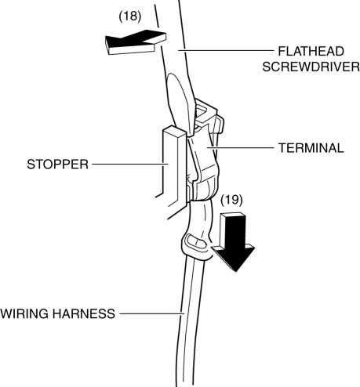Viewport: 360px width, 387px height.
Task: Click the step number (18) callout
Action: point(130,16)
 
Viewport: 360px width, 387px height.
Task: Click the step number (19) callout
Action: point(231,200)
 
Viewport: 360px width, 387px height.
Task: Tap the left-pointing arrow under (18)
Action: point(136,42)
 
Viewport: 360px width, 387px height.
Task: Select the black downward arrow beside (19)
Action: point(234,241)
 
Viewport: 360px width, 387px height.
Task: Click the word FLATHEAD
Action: point(311,52)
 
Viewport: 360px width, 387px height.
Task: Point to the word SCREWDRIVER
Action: point(311,67)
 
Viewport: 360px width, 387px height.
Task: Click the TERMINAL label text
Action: point(311,148)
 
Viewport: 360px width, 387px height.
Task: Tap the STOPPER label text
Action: point(58,165)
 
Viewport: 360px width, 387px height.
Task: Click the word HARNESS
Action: point(84,313)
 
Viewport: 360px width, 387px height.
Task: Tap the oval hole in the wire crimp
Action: point(195,241)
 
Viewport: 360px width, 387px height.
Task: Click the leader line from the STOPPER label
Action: point(130,165)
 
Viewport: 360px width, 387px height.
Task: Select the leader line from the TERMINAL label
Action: point(240,148)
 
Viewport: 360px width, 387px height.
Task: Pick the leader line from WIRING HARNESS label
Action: point(152,313)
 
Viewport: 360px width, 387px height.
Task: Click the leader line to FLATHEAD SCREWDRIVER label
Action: point(226,50)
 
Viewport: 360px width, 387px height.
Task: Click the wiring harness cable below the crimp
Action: point(189,321)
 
